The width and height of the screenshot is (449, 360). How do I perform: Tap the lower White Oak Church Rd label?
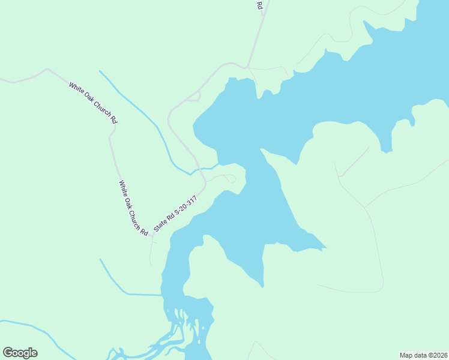click(133, 208)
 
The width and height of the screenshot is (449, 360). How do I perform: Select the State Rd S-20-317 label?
click(175, 213)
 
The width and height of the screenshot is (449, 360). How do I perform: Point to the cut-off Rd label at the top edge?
click(260, 5)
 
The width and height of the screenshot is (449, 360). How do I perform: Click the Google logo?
click(20, 353)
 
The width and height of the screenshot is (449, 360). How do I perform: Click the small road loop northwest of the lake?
click(193, 97)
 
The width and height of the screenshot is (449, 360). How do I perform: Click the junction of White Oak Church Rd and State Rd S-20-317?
click(152, 236)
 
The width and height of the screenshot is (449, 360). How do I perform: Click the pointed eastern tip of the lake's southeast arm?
click(326, 247)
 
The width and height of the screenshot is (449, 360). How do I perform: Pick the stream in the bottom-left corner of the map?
click(36, 329)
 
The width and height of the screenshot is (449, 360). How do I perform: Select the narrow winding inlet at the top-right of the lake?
click(367, 27)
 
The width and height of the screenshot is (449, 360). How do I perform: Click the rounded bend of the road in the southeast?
click(380, 288)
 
